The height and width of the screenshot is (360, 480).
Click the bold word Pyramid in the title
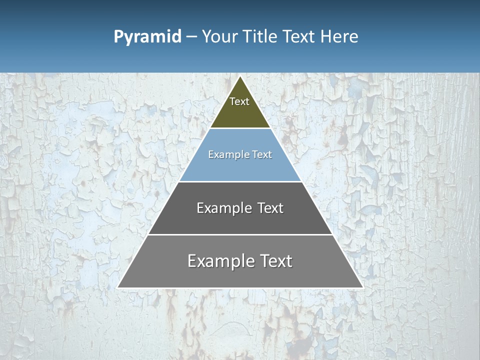[x=147, y=37]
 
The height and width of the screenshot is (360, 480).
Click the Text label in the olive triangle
[x=239, y=101]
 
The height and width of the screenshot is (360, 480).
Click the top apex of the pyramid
[x=240, y=76]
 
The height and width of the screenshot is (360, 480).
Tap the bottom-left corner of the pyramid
[x=118, y=287]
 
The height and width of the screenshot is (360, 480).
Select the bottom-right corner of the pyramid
[x=362, y=287]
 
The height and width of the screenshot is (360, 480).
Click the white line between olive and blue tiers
[x=240, y=128]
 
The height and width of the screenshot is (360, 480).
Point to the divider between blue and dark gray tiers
[x=240, y=181]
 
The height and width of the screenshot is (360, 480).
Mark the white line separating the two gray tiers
[x=240, y=234]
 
